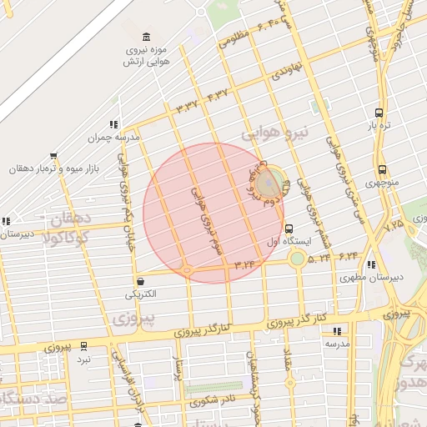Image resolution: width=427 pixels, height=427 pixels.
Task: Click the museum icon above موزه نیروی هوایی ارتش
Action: click(x=147, y=38)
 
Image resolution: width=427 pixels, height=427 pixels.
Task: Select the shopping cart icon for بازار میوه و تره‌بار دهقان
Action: click(x=54, y=155)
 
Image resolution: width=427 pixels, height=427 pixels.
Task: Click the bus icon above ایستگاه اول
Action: click(x=289, y=229)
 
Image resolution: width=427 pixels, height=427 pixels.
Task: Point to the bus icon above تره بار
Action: click(x=379, y=112)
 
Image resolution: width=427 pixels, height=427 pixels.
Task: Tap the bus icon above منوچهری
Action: click(x=381, y=169)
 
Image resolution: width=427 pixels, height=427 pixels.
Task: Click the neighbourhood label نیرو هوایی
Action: click(x=275, y=133)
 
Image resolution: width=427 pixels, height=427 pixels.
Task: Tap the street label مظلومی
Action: click(x=234, y=37)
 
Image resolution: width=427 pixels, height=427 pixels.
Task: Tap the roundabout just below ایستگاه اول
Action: click(x=297, y=259)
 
